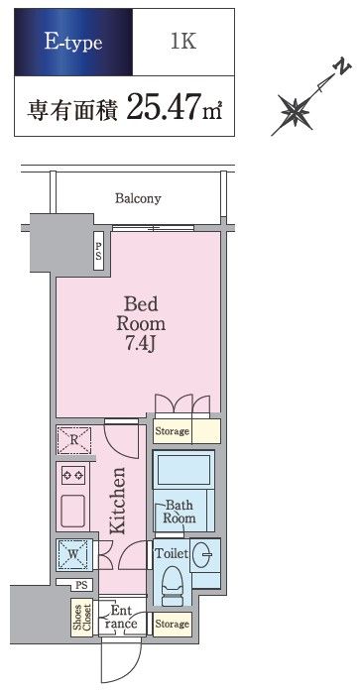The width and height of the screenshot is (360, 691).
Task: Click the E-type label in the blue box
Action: click(73, 43)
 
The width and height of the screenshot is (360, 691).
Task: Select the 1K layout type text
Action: click(183, 41)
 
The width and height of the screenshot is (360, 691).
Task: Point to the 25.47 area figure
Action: click(163, 107)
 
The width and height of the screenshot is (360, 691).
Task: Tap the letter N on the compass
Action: click(343, 67)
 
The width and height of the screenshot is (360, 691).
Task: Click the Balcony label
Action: click(138, 198)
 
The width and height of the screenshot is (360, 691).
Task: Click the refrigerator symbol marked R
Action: click(74, 440)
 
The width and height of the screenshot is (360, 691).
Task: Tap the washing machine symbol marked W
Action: click(74, 552)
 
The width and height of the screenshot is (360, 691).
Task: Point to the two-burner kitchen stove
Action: click(72, 475)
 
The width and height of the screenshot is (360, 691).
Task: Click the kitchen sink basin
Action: click(72, 511)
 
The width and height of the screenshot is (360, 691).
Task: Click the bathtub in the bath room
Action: click(183, 470)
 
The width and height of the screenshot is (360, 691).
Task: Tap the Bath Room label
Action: click(179, 512)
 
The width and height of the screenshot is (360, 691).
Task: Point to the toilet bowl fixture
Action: click(173, 582)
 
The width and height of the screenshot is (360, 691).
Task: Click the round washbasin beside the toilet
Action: click(205, 553)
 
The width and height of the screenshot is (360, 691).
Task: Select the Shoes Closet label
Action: click(83, 620)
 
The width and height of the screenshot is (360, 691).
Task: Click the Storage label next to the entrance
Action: click(172, 624)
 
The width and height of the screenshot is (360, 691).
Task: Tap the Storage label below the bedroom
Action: click(172, 431)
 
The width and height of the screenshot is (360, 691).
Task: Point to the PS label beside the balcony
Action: click(99, 251)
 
